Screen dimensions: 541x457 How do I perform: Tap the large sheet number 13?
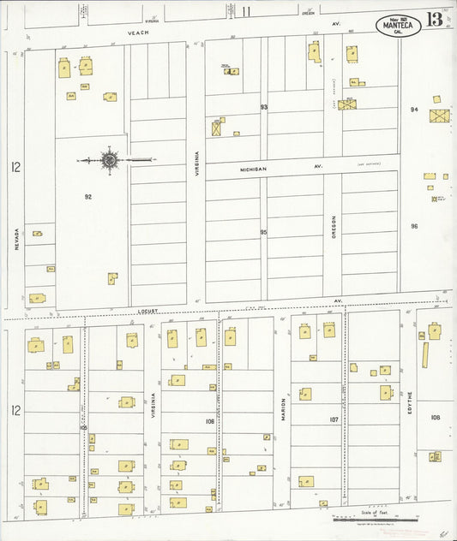tap(436, 19)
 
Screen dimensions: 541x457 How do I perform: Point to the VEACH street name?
tap(138, 33)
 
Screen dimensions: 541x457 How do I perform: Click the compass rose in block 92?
tap(111, 158)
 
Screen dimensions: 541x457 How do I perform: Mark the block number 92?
tap(88, 197)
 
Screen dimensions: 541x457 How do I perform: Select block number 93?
tap(264, 107)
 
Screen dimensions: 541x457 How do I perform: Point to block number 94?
tap(414, 110)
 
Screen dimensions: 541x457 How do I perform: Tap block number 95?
tap(264, 232)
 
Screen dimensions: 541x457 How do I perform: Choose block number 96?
tap(414, 227)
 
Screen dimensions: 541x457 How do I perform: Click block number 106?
tap(209, 421)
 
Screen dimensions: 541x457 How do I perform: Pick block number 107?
tap(334, 419)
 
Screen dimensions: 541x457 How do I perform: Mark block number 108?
tap(436, 418)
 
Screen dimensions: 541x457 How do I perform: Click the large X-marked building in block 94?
tap(439, 116)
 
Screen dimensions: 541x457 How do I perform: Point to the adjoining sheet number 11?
tap(247, 11)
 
